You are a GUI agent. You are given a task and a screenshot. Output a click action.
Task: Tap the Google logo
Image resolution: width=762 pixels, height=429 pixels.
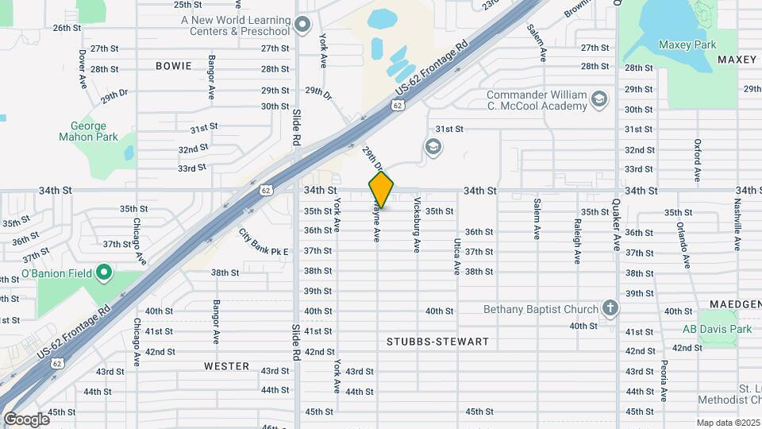pyautogui.click(x=25, y=419)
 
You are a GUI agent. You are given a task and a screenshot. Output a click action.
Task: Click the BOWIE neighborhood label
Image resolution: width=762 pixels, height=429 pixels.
pyautogui.click(x=174, y=66)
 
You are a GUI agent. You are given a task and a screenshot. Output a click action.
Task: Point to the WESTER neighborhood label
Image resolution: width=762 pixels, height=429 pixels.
pyautogui.click(x=226, y=366)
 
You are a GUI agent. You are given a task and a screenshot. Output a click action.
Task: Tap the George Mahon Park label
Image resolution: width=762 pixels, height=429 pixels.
pyautogui.click(x=88, y=131)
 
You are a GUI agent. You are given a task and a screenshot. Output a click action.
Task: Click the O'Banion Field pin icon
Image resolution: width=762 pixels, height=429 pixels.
pyautogui.click(x=103, y=274)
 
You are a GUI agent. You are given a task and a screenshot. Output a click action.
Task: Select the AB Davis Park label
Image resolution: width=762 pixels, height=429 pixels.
pyautogui.click(x=717, y=329)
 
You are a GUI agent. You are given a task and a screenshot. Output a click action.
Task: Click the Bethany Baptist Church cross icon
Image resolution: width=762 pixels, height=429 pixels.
pyautogui.click(x=610, y=308)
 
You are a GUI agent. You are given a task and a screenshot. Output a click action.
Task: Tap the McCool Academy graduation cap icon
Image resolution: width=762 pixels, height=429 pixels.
pyautogui.click(x=598, y=99)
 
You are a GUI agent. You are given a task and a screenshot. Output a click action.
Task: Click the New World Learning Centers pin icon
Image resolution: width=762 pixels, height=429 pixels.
pyautogui.click(x=302, y=25)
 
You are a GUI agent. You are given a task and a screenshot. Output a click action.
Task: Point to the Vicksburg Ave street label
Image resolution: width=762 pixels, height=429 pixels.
pyautogui.click(x=417, y=226)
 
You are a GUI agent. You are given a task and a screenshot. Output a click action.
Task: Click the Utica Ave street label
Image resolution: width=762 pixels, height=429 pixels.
pyautogui.click(x=457, y=256)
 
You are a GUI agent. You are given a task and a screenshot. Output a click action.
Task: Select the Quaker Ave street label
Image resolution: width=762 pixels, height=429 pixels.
pyautogui.click(x=616, y=231)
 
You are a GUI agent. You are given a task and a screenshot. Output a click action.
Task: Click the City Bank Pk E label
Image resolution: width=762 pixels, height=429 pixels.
pyautogui.click(x=264, y=242)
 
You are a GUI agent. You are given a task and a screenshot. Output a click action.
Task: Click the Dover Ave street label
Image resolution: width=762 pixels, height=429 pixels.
pyautogui.click(x=83, y=69)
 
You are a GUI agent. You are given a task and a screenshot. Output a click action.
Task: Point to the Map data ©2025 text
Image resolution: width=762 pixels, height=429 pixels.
pyautogui.click(x=728, y=423)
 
